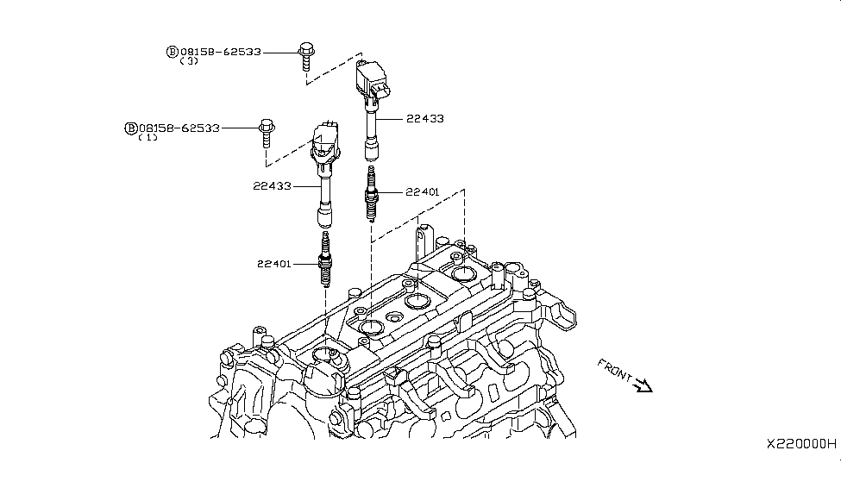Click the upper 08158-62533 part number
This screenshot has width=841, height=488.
point(219,52)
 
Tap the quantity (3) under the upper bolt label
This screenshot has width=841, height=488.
point(189,62)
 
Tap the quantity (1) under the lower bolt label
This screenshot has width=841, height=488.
point(147,138)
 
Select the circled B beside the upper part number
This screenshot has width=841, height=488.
point(172,52)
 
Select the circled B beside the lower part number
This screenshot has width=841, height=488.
point(131,128)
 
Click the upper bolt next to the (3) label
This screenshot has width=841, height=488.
point(304,53)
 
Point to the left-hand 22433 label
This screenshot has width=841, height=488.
point(272,185)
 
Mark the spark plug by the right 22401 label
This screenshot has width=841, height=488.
point(372,194)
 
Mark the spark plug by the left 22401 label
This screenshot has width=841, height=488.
point(326,259)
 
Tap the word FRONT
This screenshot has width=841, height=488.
point(614,371)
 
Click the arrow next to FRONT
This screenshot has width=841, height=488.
point(643,386)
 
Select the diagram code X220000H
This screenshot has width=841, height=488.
point(801,443)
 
